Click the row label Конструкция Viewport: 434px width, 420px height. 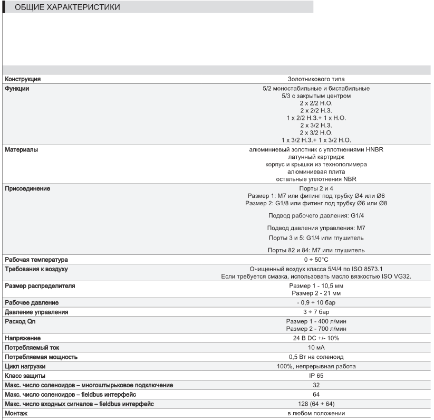click(23, 79)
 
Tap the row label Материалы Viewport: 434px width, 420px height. click(22, 150)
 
